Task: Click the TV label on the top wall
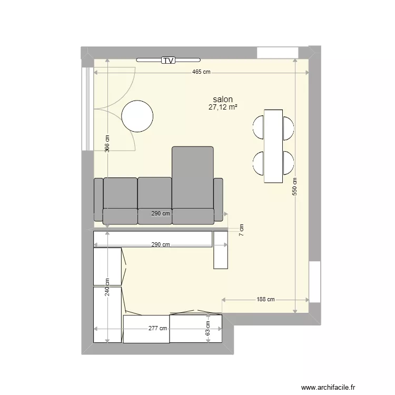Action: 168,60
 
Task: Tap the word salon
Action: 223,99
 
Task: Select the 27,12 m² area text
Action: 223,107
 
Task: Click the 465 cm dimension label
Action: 201,73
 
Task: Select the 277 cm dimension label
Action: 157,328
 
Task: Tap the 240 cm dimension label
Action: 107,288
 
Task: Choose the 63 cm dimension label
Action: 208,329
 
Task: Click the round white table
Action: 137,115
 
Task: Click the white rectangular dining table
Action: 273,145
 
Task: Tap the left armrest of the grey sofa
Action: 98,199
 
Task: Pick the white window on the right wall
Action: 314,281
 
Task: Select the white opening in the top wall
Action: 277,53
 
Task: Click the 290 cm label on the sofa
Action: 161,214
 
